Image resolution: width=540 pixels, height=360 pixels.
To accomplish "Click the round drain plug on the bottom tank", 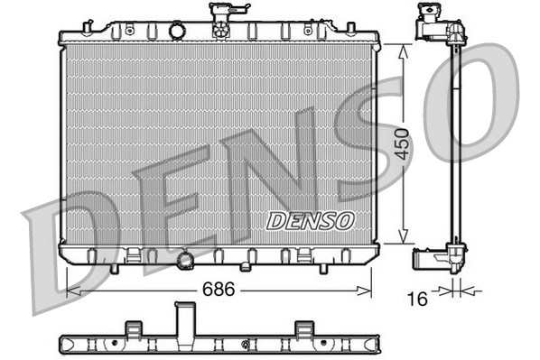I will (187, 261).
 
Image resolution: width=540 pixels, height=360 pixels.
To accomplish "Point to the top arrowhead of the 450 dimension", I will (403, 51).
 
